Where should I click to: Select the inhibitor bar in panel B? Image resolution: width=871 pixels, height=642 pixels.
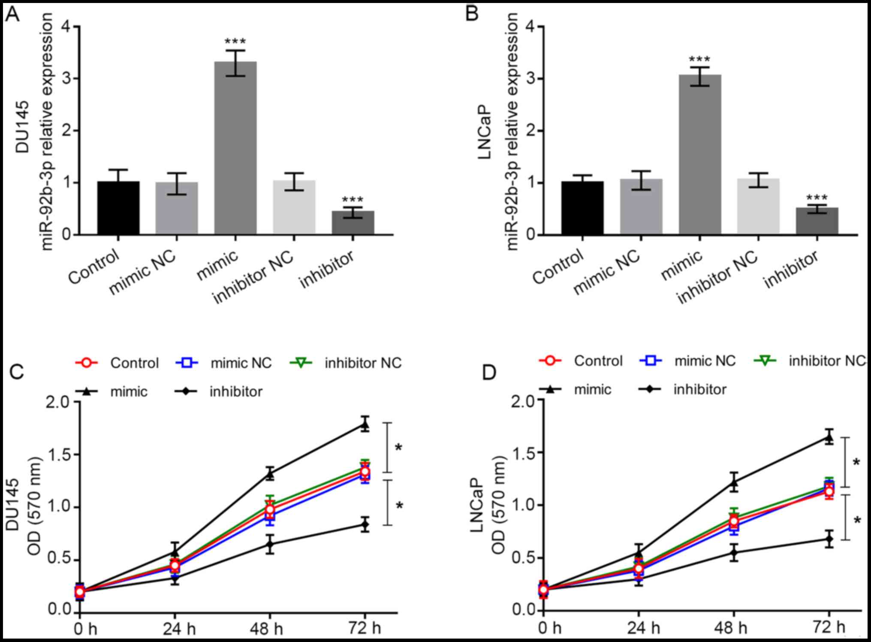pyautogui.click(x=817, y=221)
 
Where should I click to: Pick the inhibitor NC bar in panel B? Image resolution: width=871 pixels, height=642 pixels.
pyautogui.click(x=758, y=207)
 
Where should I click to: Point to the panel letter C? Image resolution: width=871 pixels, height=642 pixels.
pyautogui.click(x=17, y=372)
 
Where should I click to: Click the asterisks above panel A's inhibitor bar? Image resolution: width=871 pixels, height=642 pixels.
pyautogui.click(x=353, y=200)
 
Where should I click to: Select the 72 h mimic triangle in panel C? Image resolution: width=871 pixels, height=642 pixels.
pyautogui.click(x=365, y=425)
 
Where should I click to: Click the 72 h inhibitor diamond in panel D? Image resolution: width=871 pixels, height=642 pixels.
pyautogui.click(x=829, y=539)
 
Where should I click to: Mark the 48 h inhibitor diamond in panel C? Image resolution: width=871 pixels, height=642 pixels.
pyautogui.click(x=270, y=545)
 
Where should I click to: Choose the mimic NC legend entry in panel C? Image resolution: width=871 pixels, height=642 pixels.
pyautogui.click(x=223, y=363)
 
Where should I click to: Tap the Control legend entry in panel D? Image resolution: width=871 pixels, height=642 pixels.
pyautogui.click(x=581, y=361)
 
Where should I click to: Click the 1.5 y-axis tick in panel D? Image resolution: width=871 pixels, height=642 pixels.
pyautogui.click(x=524, y=452)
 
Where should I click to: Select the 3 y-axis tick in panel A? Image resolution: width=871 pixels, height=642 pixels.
pyautogui.click(x=66, y=79)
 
